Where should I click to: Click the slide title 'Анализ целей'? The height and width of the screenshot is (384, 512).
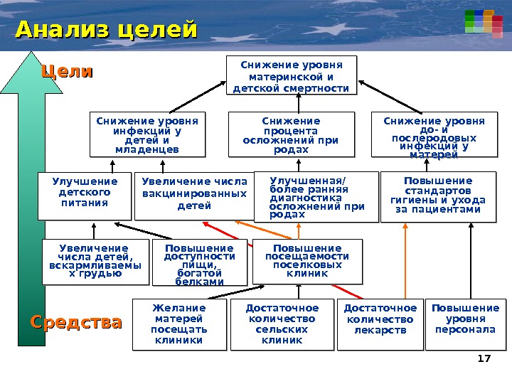pos(106,31)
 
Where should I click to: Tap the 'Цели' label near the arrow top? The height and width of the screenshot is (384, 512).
pos(68,72)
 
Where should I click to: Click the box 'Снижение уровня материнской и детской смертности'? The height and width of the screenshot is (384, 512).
pos(292,76)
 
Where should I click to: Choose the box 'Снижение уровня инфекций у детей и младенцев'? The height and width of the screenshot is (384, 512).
pos(147,134)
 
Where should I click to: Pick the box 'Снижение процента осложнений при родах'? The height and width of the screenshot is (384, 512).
pos(292,134)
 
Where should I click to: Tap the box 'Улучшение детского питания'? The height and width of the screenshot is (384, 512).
pos(84,195)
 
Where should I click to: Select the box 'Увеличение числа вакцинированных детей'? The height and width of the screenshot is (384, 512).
pos(194,195)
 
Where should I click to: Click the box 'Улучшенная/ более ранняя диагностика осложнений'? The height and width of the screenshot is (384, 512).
pos(317,196)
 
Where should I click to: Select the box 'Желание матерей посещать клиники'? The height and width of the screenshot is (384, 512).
pos(179,325)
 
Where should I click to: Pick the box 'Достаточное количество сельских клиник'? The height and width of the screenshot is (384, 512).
pos(282,325)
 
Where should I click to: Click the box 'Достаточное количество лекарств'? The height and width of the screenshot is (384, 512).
pos(380,325)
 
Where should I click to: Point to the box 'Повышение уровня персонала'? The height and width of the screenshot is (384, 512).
pos(466,325)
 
